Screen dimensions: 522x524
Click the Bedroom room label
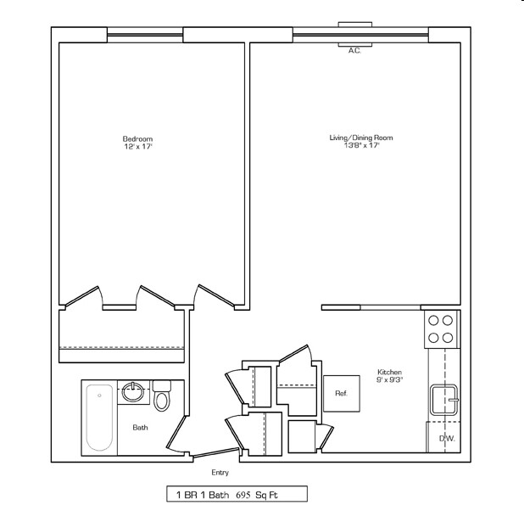click(137, 138)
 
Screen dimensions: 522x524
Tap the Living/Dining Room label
click(361, 138)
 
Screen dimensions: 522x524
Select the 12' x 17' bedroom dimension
click(137, 147)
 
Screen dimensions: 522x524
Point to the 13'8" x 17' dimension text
click(361, 146)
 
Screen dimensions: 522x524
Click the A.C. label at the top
click(354, 51)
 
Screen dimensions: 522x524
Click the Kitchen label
click(390, 373)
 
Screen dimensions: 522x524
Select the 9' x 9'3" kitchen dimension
click(390, 380)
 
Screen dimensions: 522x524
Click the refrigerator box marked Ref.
click(341, 393)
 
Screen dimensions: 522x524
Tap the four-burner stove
click(441, 329)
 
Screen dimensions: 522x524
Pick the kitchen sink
click(444, 398)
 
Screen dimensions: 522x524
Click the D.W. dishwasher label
click(445, 438)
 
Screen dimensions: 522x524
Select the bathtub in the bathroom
click(100, 418)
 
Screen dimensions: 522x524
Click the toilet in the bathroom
click(162, 396)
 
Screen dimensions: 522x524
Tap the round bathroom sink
click(133, 392)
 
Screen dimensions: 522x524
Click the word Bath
click(140, 428)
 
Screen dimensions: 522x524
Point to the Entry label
click(220, 473)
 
